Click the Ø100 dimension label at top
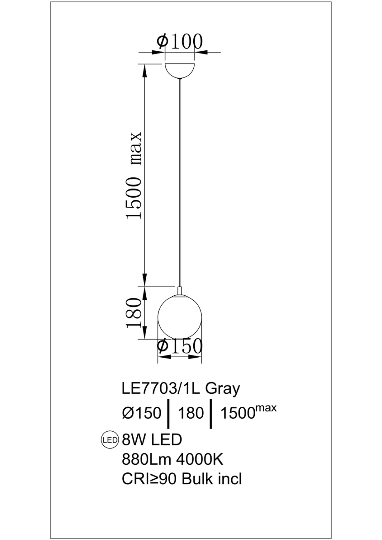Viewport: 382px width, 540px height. pos(180,42)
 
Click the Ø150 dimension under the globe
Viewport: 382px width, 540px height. pos(180,346)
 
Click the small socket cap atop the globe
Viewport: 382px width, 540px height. pos(180,290)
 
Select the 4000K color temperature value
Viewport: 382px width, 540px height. pos(200,459)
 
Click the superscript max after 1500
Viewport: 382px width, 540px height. pos(266,408)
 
